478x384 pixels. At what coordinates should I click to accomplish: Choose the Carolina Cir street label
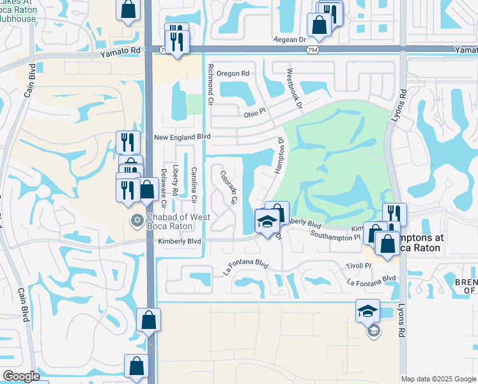point(194,183)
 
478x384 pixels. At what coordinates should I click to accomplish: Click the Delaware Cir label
point(163,188)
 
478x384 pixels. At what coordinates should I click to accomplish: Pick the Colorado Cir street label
point(228,188)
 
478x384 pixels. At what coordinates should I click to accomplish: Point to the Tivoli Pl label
point(358,266)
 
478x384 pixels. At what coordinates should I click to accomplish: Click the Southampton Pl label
point(335,236)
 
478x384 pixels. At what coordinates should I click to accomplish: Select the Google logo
point(21,376)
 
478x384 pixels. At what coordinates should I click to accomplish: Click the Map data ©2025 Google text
point(438,379)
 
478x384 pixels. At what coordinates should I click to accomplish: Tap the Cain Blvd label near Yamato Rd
point(31,81)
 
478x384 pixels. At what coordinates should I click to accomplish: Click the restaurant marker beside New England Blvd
point(128,142)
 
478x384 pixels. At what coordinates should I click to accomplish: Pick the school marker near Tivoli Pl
point(367,311)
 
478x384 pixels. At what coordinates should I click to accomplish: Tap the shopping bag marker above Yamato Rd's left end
point(128,10)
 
